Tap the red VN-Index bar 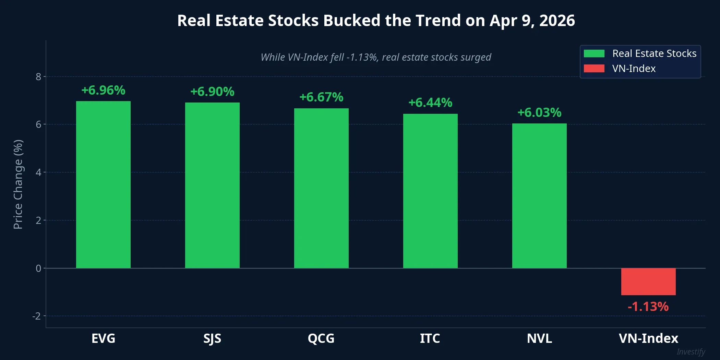(648, 281)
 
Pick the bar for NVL (539, 195)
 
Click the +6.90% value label (212, 92)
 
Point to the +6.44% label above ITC (430, 103)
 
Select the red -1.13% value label (648, 307)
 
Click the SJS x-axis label (212, 338)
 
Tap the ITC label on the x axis (430, 338)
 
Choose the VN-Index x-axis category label (648, 338)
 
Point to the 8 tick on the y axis (38, 77)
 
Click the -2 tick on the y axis (37, 316)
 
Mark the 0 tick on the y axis (38, 268)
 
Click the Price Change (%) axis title (18, 184)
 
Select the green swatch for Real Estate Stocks (594, 53)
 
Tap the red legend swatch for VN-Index (594, 69)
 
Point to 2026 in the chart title (557, 21)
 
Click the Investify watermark (691, 352)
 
